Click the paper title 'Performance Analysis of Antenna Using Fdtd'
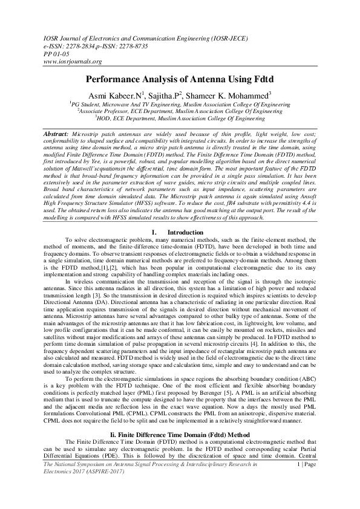click(180, 79)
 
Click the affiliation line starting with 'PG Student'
click(180, 105)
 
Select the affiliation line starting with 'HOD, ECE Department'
click(180, 118)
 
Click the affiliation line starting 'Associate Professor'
click(180, 111)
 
